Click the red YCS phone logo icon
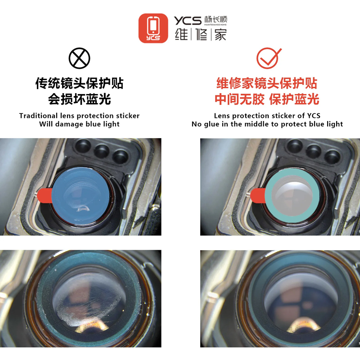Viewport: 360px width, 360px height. (x=153, y=28)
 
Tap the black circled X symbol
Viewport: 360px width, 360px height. (x=80, y=58)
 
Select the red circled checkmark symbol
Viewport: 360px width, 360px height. (x=268, y=58)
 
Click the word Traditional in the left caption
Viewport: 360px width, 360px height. (x=38, y=116)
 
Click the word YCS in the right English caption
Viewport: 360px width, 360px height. (x=314, y=116)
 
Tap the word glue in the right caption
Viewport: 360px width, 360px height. (x=211, y=124)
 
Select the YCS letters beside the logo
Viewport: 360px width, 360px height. (x=188, y=21)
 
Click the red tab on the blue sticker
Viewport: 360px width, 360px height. (x=45, y=195)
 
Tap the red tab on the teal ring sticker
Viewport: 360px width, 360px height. (x=258, y=195)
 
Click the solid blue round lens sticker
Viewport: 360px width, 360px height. (x=81, y=196)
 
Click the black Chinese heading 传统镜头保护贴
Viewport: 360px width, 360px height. (x=80, y=83)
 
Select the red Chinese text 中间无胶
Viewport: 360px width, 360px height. (x=239, y=99)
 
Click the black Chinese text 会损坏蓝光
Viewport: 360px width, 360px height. (x=80, y=99)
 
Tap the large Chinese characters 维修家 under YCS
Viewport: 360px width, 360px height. (x=201, y=35)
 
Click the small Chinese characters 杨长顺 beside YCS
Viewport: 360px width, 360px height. (x=216, y=19)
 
